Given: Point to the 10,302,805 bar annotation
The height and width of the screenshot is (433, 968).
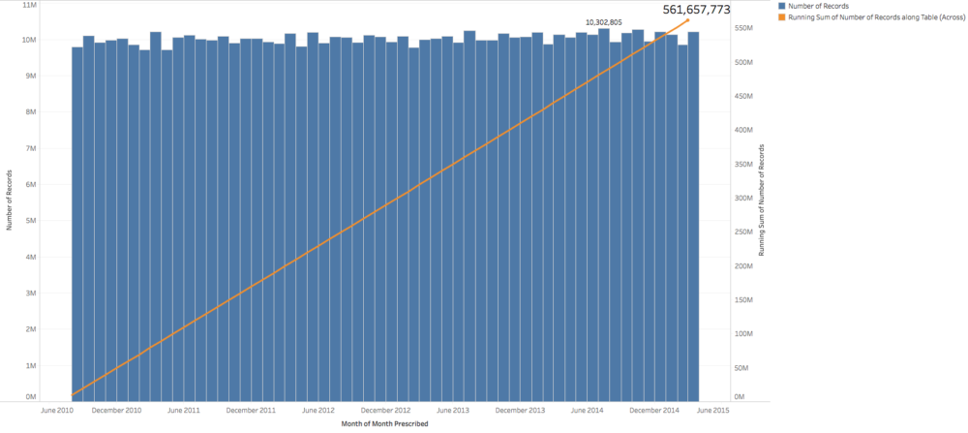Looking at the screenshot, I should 603,21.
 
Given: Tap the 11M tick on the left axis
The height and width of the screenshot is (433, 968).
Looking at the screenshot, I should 29,5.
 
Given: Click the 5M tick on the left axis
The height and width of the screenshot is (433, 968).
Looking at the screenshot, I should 31,221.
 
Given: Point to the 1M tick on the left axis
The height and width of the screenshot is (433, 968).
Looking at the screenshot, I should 31,365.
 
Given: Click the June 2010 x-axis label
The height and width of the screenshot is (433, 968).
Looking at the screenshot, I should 59,410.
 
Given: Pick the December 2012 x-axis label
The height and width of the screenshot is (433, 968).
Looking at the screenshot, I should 387,410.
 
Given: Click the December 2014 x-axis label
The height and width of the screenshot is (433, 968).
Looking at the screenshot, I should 655,410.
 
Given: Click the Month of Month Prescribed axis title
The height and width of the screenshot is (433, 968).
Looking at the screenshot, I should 385,423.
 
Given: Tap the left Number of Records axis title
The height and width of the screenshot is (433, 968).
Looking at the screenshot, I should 10,201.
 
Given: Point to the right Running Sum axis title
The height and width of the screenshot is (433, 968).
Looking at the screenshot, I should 762,200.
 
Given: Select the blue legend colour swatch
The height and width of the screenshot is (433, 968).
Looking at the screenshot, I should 781,7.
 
